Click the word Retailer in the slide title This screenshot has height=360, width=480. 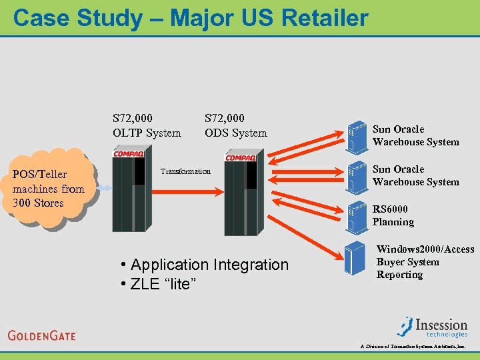click(325, 17)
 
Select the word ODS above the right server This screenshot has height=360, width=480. click(217, 133)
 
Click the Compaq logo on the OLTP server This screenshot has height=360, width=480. click(128, 154)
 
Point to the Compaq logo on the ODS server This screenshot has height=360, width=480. click(240, 157)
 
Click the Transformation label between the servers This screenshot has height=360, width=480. click(185, 172)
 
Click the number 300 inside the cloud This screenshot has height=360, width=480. click(23, 203)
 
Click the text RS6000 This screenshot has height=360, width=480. click(390, 209)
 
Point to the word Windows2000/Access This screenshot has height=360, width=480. click(425, 249)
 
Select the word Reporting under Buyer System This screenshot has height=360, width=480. click(399, 275)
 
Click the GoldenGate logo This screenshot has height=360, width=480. click(43, 335)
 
